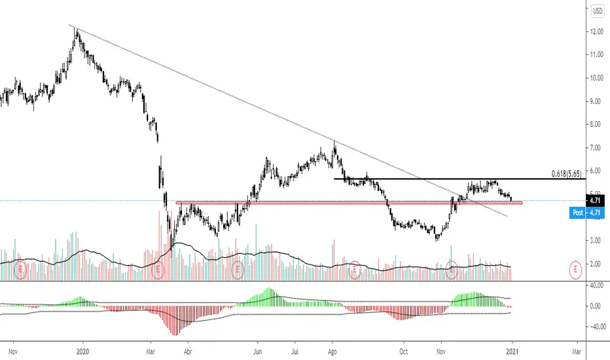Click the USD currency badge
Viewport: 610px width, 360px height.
[x=598, y=10]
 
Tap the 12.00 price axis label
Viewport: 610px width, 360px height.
[x=596, y=31]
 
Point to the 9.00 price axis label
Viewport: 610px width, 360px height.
[x=596, y=101]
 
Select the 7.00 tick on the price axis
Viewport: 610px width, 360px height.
[x=596, y=147]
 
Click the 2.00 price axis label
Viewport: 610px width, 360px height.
[x=596, y=264]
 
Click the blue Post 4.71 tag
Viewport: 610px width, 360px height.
[x=588, y=213]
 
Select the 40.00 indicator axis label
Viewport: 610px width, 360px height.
[x=596, y=285]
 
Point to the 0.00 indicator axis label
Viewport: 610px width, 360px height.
[x=596, y=306]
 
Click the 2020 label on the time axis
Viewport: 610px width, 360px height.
[x=82, y=350]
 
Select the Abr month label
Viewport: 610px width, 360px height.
[x=188, y=350]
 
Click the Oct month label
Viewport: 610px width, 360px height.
[x=404, y=350]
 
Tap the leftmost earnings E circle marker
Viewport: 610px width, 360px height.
[x=20, y=268]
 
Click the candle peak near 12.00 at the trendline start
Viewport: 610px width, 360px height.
[x=75, y=29]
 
